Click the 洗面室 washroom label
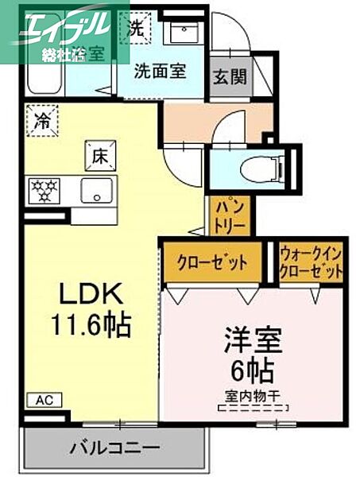(160, 70)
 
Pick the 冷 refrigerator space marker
(41, 122)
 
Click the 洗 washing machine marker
(137, 28)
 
